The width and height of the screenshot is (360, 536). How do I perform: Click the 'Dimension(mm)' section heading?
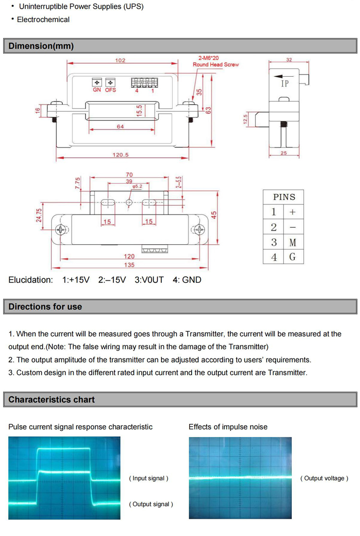(x=41, y=46)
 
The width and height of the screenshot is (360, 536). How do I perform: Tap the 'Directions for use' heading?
(x=45, y=307)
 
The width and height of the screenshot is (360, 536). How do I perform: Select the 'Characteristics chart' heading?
(x=51, y=400)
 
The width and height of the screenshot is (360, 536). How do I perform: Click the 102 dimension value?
(x=120, y=60)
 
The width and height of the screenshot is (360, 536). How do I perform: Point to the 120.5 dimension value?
(x=122, y=155)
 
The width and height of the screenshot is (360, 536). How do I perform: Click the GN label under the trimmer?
(x=96, y=90)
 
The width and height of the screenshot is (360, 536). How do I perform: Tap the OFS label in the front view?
(x=111, y=90)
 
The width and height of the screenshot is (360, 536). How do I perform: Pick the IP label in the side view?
(x=285, y=83)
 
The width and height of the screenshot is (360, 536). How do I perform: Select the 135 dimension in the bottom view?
(x=129, y=265)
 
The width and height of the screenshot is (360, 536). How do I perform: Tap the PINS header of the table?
(x=284, y=197)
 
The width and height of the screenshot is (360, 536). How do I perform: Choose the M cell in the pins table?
(x=293, y=242)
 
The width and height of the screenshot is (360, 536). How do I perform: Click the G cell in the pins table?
(x=293, y=257)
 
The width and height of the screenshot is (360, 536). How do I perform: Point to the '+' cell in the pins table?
(x=293, y=212)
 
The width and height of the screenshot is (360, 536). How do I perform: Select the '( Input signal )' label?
(x=149, y=478)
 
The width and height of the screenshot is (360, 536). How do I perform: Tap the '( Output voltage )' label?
(x=324, y=478)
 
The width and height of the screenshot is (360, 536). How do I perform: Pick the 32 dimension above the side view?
(x=289, y=60)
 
